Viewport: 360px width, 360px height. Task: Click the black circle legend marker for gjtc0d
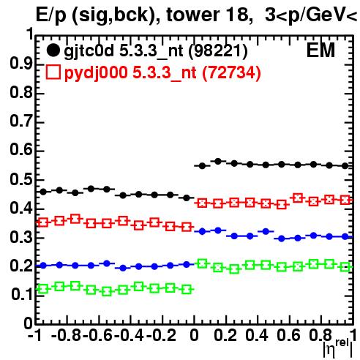[x=53, y=50]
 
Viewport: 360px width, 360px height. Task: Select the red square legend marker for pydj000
[x=53, y=72]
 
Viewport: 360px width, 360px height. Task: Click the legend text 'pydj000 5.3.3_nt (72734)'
[x=162, y=73]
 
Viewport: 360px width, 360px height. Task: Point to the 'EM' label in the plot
[x=320, y=50]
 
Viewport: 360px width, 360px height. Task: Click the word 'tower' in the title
[x=192, y=15]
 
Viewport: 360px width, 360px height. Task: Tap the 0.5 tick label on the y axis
[x=21, y=180]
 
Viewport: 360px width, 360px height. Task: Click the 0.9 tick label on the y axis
[x=21, y=64]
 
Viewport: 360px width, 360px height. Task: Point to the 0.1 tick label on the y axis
[x=22, y=295]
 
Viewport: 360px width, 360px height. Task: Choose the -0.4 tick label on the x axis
[x=129, y=336]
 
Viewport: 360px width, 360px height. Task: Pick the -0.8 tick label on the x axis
[x=66, y=336]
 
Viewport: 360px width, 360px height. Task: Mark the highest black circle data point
[x=218, y=161]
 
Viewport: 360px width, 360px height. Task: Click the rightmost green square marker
[x=345, y=267]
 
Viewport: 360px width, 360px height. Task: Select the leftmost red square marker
[x=43, y=222]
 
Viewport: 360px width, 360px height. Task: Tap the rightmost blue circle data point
[x=345, y=236]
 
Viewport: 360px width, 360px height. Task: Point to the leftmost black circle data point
[x=43, y=192]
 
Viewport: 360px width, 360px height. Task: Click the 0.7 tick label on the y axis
[x=21, y=122]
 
